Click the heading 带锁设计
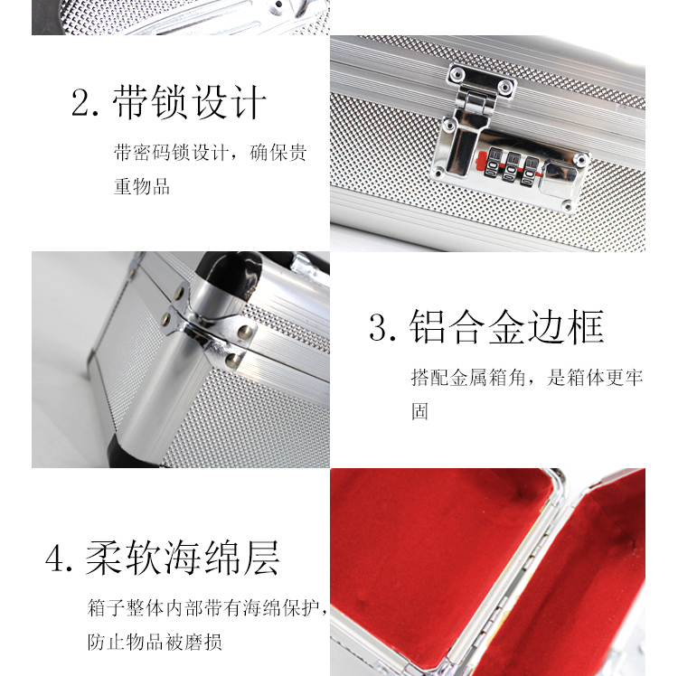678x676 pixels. pyautogui.click(x=190, y=102)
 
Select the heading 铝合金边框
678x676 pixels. pyautogui.click(x=506, y=326)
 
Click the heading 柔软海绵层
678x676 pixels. pyautogui.click(x=183, y=558)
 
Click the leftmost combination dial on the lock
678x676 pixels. pyautogui.click(x=493, y=162)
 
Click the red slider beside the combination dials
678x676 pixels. pyautogui.click(x=480, y=162)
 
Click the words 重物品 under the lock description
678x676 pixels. pyautogui.click(x=142, y=186)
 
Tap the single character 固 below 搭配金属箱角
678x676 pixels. pyautogui.click(x=419, y=411)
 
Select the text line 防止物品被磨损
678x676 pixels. pyautogui.click(x=155, y=642)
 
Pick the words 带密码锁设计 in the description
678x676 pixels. pyautogui.click(x=171, y=153)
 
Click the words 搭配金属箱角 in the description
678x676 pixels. pyautogui.click(x=468, y=378)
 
